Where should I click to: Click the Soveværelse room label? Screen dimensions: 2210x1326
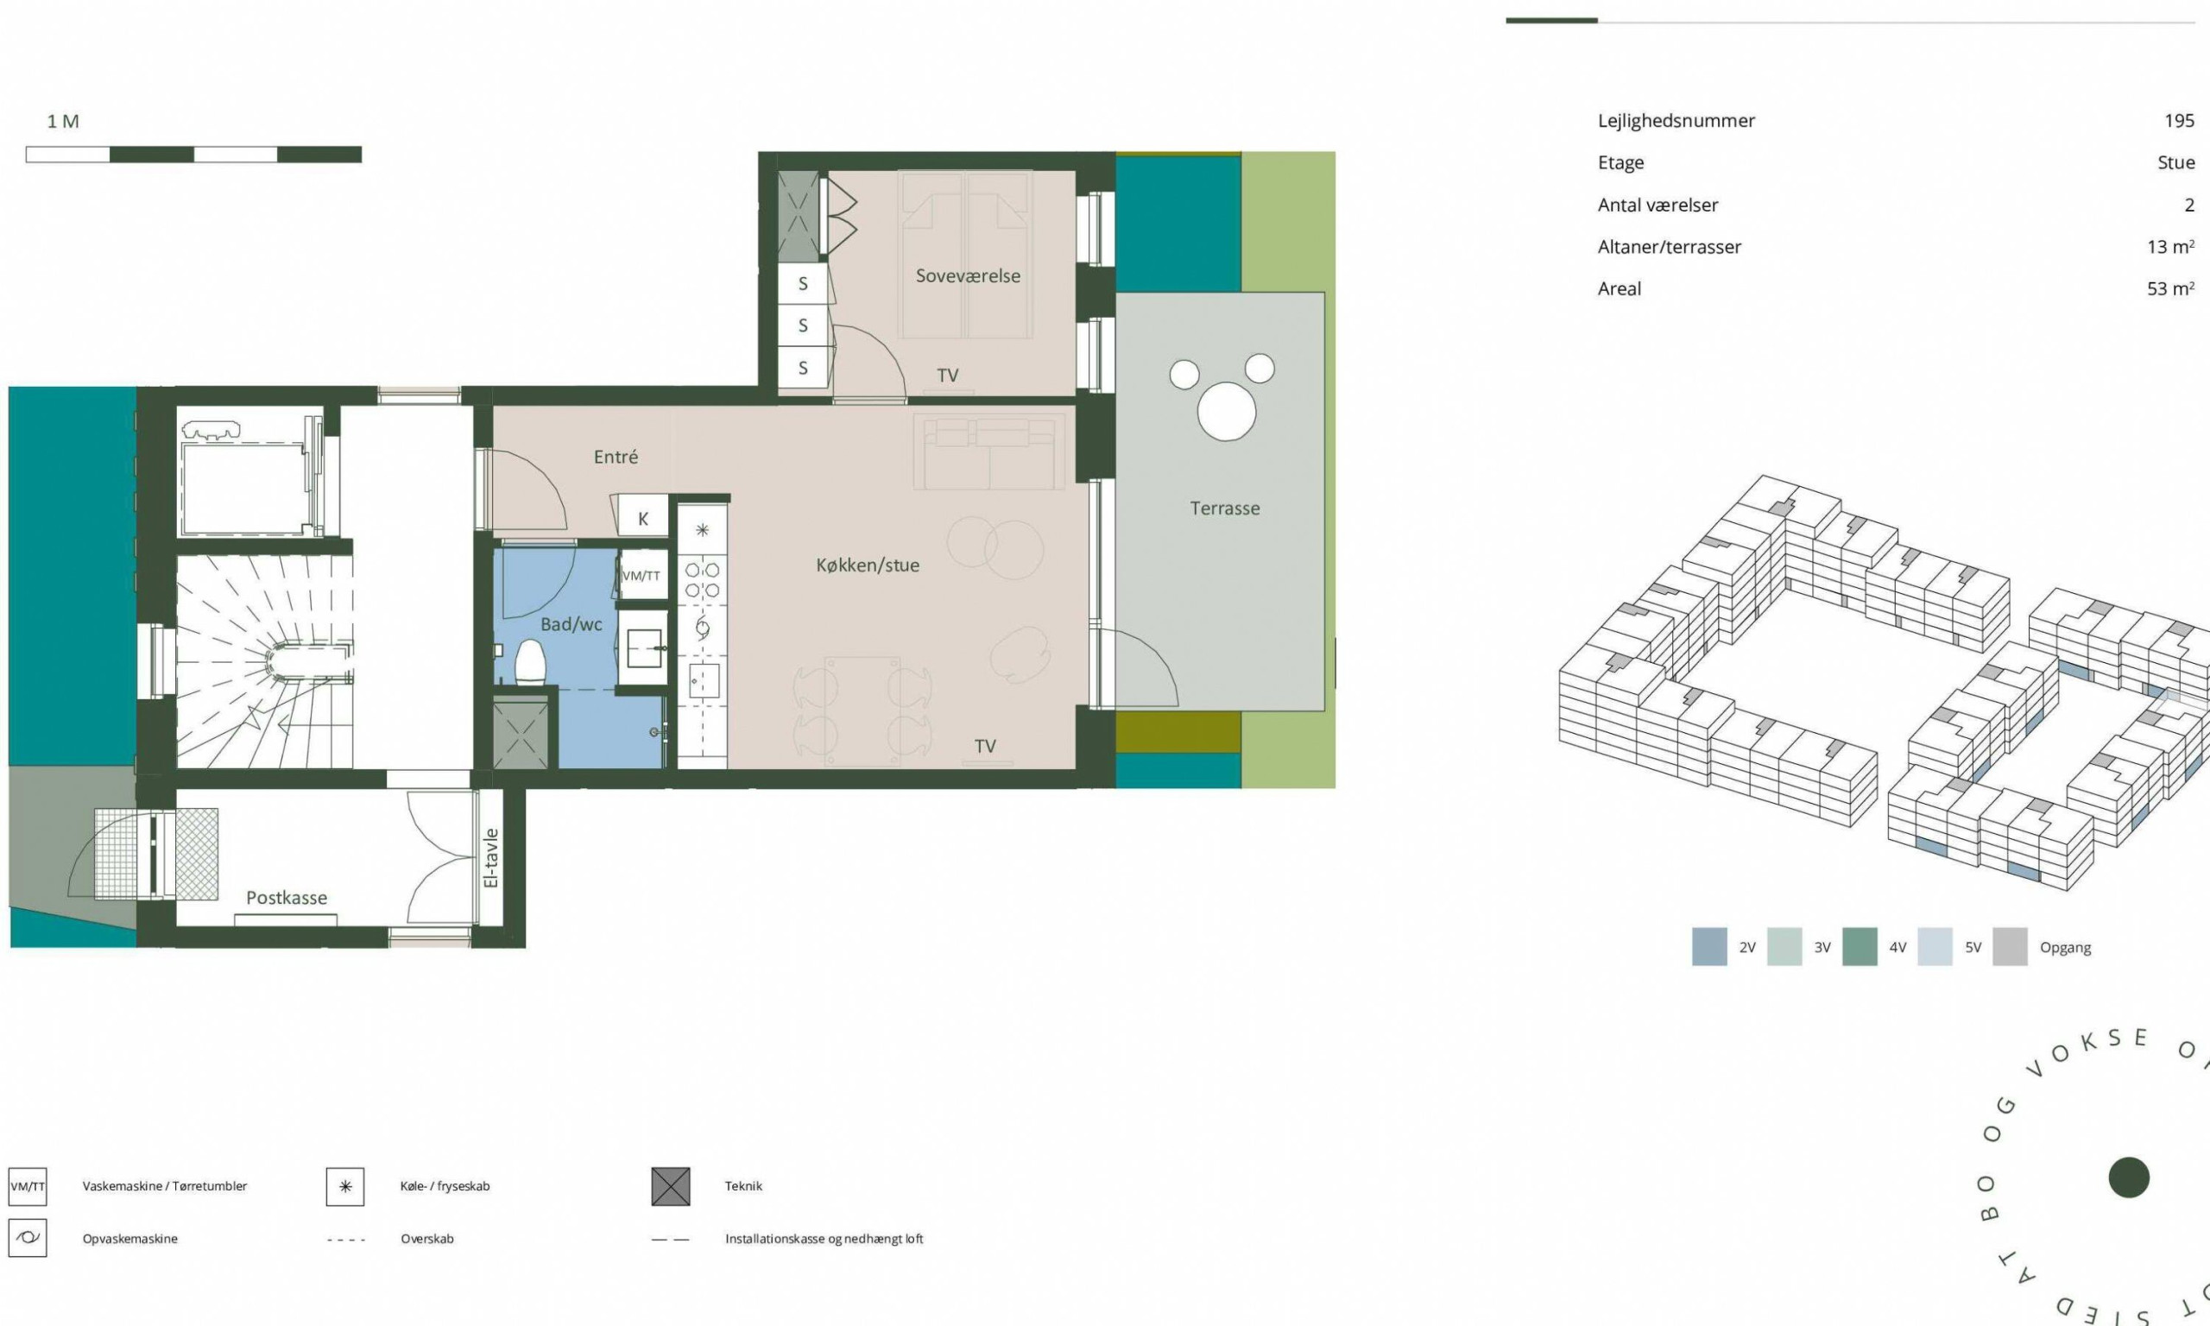pyautogui.click(x=968, y=276)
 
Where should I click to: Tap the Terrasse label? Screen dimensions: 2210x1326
pyautogui.click(x=1225, y=508)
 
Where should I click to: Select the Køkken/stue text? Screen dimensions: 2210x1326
pyautogui.click(x=868, y=565)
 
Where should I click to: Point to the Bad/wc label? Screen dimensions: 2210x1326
pyautogui.click(x=571, y=624)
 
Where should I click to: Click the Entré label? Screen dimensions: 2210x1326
pyautogui.click(x=616, y=457)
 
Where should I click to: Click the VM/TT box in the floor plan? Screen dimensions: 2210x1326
pyautogui.click(x=641, y=577)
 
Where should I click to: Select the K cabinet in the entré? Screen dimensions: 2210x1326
pyautogui.click(x=642, y=518)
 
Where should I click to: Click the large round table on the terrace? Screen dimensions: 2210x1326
pyautogui.click(x=1227, y=411)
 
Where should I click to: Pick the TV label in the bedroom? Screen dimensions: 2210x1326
pyautogui.click(x=948, y=376)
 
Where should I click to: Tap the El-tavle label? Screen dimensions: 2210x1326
pyautogui.click(x=490, y=858)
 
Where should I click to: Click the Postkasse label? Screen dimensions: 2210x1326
pyautogui.click(x=287, y=897)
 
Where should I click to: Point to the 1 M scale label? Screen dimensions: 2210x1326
pyautogui.click(x=63, y=122)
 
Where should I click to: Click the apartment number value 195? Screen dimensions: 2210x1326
pyautogui.click(x=2180, y=121)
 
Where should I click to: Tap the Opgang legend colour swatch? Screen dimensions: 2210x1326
pyautogui.click(x=2010, y=947)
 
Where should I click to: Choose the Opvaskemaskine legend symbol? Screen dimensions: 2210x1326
pyautogui.click(x=28, y=1239)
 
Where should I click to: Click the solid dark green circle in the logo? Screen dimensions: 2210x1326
pyautogui.click(x=2129, y=1178)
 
